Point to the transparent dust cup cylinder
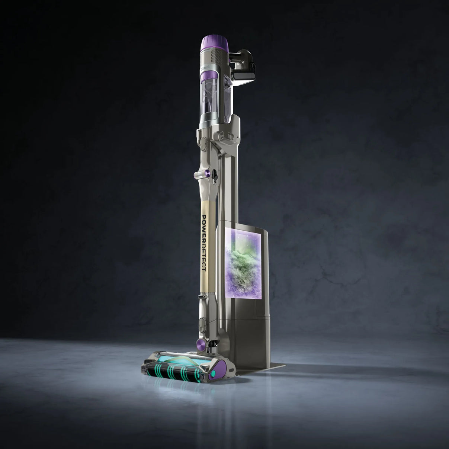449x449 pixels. tap(212, 97)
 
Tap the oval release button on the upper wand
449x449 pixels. tap(203, 144)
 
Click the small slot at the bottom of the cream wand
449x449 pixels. tap(203, 298)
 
